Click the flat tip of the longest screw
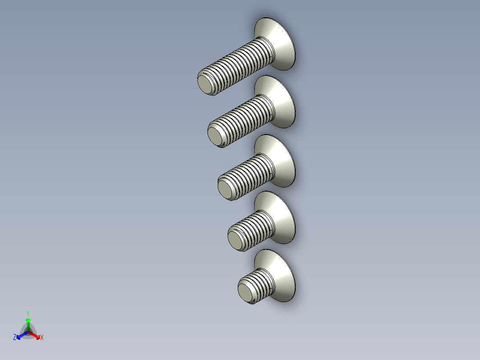pos(205,83)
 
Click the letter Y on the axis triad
pos(28,313)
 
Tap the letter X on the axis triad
pos(41,338)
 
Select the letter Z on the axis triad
pos(15,338)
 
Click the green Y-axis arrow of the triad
pos(28,323)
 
